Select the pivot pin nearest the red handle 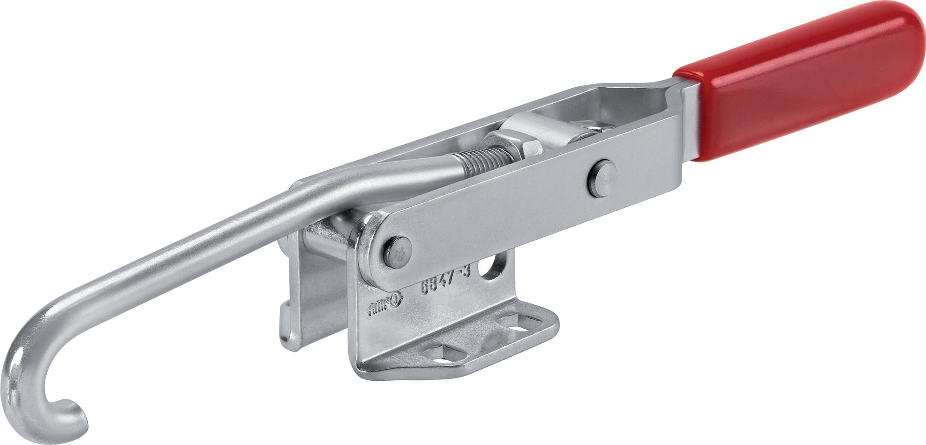tap(602, 178)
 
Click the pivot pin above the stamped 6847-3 tap(397, 252)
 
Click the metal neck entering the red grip tap(690, 121)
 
